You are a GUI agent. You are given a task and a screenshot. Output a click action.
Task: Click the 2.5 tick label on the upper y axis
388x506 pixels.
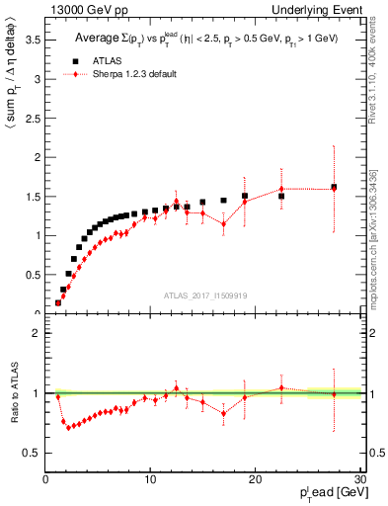coord(33,118)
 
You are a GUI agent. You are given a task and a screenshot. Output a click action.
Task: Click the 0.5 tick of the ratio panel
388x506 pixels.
coord(33,453)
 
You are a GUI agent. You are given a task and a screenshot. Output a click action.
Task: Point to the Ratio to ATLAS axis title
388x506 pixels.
coord(13,393)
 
